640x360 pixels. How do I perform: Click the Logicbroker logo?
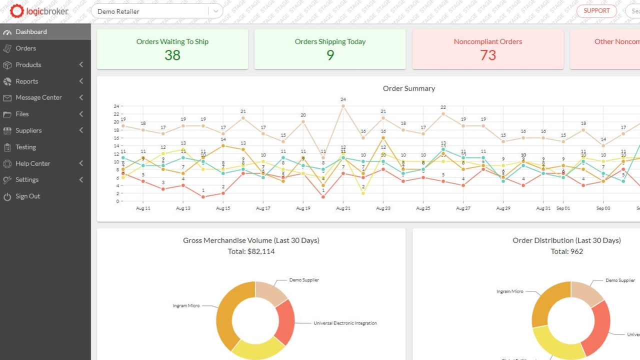click(39, 11)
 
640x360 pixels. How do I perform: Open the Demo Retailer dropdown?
click(156, 11)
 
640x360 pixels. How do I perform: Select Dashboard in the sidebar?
click(31, 32)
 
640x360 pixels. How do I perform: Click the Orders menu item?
click(25, 48)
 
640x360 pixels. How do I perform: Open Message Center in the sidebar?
click(38, 97)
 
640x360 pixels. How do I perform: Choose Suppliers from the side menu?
click(28, 130)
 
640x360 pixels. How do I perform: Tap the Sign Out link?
click(27, 196)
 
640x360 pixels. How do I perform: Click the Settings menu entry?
click(27, 180)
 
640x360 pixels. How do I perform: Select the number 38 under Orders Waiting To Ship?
click(172, 55)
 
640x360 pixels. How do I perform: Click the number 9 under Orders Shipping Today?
click(330, 55)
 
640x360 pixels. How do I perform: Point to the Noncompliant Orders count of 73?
click(488, 55)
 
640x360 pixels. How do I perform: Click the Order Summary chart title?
click(408, 88)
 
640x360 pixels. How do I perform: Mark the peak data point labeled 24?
click(343, 106)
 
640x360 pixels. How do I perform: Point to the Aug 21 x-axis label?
click(343, 208)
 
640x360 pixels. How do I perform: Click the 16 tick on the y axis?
click(116, 138)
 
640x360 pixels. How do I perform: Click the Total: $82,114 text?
click(251, 251)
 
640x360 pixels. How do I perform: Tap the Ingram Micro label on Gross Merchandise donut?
click(186, 305)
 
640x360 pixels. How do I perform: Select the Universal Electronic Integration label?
click(345, 323)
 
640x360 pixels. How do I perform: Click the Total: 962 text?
click(566, 251)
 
